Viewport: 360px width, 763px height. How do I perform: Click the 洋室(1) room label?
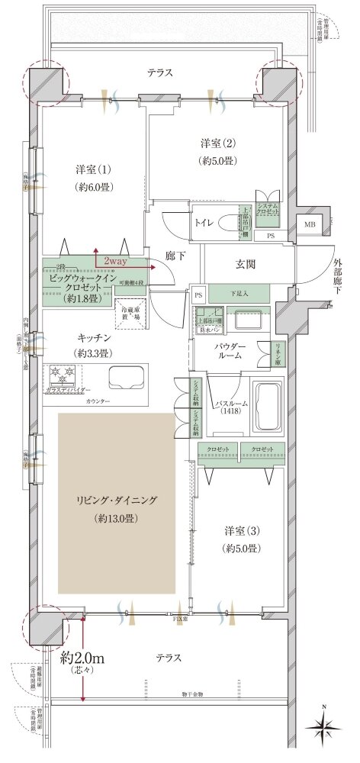(x=90, y=169)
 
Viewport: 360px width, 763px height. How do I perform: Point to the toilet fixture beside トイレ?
(x=227, y=223)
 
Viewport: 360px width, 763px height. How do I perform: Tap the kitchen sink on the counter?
(x=125, y=378)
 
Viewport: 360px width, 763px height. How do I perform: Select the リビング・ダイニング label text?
(x=116, y=501)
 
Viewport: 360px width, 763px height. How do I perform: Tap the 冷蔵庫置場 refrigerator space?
(x=131, y=312)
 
